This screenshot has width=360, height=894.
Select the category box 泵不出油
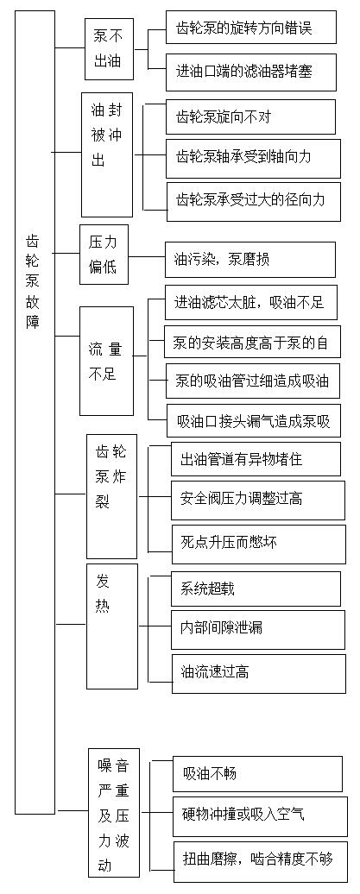point(109,49)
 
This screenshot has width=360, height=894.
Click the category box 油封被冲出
point(107,155)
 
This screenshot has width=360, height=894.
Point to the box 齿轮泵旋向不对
point(249,116)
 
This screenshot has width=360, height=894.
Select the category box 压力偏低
point(104,255)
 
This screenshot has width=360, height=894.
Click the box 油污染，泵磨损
point(249,260)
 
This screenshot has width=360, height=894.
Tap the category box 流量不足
point(106,361)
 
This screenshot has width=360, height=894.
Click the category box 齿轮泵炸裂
point(112,496)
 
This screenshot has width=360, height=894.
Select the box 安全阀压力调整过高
point(258,500)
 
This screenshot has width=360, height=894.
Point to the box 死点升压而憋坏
point(258,542)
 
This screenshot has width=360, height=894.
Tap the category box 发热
point(112,626)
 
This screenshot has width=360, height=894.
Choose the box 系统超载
point(256,589)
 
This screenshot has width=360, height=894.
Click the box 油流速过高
point(259,673)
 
